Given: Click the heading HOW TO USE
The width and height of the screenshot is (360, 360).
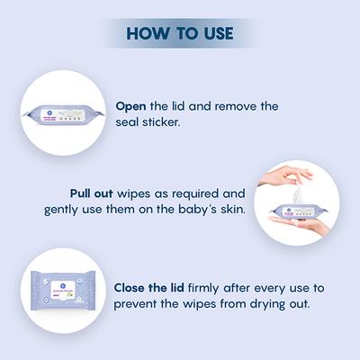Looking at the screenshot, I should (180, 34).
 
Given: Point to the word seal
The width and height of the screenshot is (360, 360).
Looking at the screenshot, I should (128, 121).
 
